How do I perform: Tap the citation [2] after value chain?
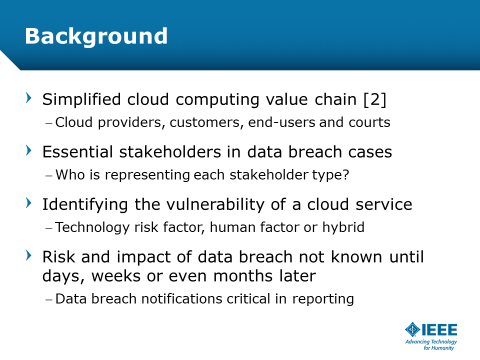click(374, 100)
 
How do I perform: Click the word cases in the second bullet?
click(370, 152)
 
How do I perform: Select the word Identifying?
click(85, 205)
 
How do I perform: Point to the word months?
click(242, 276)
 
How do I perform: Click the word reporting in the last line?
click(323, 299)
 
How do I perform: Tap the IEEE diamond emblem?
click(412, 329)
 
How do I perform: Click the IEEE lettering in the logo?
click(439, 329)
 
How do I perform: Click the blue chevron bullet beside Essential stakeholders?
click(29, 150)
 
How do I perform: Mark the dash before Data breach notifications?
click(49, 299)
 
